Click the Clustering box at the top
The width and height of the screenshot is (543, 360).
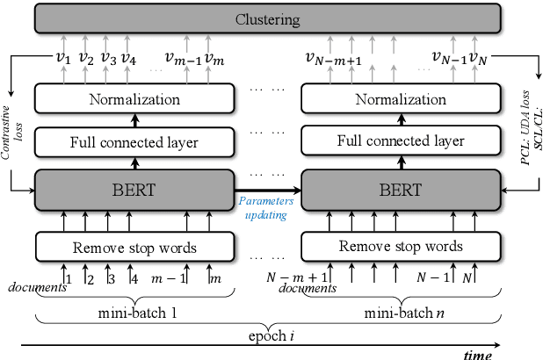(268, 18)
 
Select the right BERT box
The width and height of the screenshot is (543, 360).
(401, 189)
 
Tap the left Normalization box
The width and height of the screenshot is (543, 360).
(134, 99)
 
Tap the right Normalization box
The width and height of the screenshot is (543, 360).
(401, 99)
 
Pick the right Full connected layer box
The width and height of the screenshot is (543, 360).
(401, 141)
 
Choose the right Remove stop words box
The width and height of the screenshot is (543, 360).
(401, 246)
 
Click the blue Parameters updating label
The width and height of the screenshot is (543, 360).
(267, 208)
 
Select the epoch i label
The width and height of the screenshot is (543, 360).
(268, 335)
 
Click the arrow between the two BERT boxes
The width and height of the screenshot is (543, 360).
(267, 188)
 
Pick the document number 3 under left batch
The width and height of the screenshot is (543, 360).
(110, 280)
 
